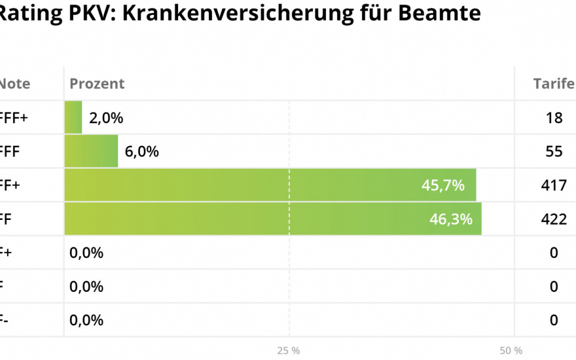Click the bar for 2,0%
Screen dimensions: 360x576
coord(73,117)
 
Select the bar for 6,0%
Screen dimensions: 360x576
coord(91,151)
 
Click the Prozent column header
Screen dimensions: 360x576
coord(97,84)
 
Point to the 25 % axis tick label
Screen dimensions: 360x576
coord(288,350)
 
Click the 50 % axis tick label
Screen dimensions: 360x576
coord(511,350)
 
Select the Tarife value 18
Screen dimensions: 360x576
coord(554,118)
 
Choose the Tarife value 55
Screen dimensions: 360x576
coord(554,151)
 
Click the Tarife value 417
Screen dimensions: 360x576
coord(554,185)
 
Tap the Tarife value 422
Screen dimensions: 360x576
coord(554,219)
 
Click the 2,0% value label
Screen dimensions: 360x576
coord(106,118)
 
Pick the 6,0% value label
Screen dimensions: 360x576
coord(141,151)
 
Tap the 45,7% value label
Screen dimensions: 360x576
coord(443,185)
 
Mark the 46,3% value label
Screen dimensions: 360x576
coord(451,219)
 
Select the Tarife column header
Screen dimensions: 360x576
coord(554,84)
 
